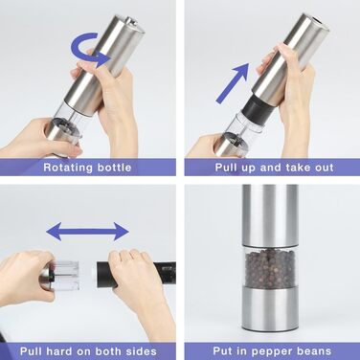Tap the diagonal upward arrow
tap(233, 83)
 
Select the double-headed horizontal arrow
tap(87, 232)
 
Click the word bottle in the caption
tap(114, 168)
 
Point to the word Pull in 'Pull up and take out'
tap(226, 168)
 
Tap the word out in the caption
tap(325, 168)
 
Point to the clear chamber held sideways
tap(66, 275)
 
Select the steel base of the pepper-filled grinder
tap(270, 308)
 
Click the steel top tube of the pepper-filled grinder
tap(270, 215)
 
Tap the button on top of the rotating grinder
tap(130, 22)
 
